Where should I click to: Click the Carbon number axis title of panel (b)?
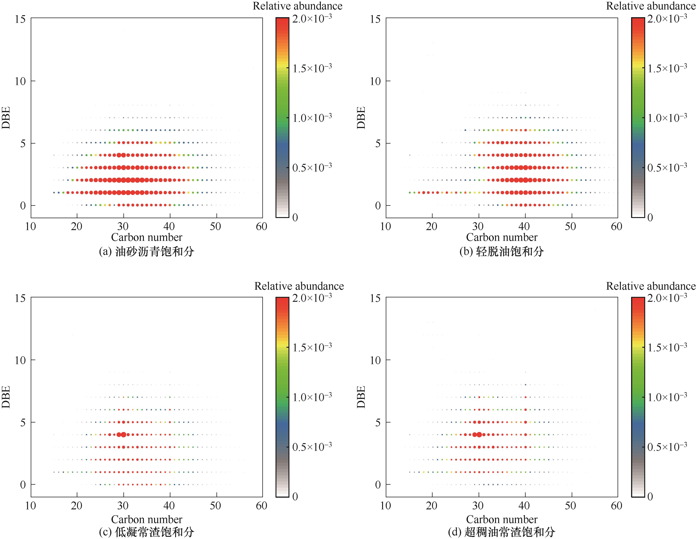[502, 237]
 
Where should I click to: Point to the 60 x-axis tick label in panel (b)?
[616, 227]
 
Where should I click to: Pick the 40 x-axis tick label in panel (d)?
[524, 506]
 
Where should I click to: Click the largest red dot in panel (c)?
[124, 434]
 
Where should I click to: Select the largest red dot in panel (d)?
[479, 434]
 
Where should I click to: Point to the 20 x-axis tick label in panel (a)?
[76, 227]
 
